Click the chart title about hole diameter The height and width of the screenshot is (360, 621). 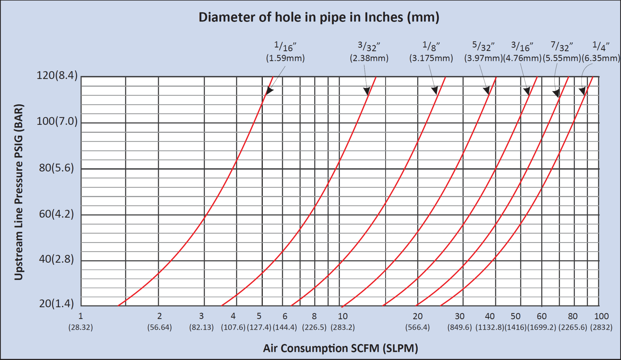pos(319,17)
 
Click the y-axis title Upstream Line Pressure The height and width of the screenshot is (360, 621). pos(18,192)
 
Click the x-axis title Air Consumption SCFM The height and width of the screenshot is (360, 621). pos(341,348)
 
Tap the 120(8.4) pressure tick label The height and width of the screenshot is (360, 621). pos(57,75)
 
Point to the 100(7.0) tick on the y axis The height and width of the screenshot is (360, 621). pos(57,121)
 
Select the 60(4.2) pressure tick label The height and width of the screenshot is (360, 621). pos(56,214)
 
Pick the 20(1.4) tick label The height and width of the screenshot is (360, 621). pos(56,303)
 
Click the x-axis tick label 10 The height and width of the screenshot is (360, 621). pos(343,316)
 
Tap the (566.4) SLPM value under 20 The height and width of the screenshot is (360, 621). pos(418,327)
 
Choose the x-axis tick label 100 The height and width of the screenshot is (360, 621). pos(601,316)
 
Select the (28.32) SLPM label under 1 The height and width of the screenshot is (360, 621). pos(81,327)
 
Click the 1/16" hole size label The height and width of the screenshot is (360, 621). pos(285,46)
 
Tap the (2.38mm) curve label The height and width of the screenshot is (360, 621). pos(369,58)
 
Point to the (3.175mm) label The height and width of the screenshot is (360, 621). pos(431,58)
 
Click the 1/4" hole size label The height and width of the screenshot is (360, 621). pos(601,46)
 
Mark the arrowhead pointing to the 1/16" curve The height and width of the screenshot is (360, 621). pos(269,91)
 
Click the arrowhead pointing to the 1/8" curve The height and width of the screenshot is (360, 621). pos(435,90)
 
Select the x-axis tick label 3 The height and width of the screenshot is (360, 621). pos(201,316)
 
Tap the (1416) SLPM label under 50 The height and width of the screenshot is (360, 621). pos(515,327)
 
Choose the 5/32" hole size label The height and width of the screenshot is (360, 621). pos(483,46)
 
